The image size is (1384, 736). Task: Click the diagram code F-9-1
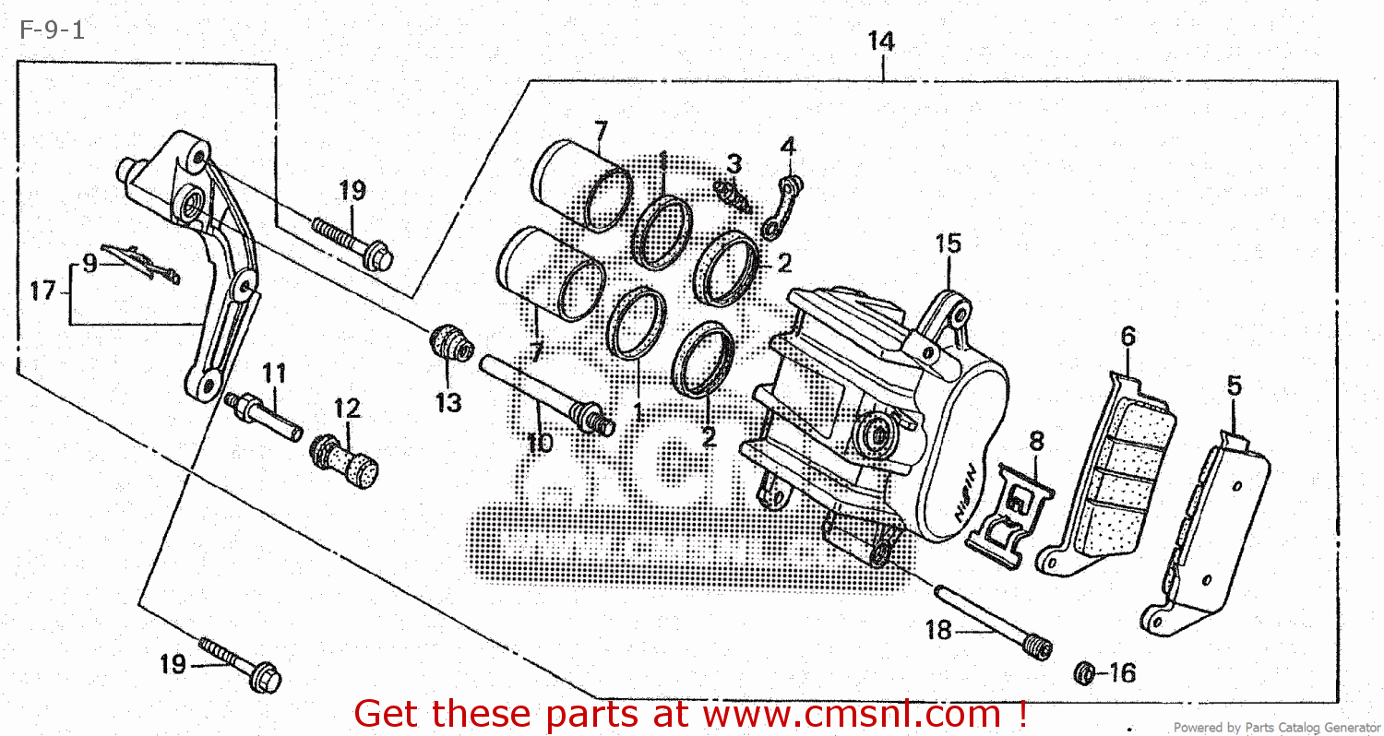point(51,30)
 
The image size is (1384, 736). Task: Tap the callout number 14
point(880,42)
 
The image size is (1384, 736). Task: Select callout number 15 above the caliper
point(948,243)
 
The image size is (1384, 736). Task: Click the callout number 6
point(1127,337)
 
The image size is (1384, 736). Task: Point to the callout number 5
point(1234,386)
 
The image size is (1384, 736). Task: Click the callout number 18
point(938,631)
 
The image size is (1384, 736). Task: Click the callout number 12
point(347,408)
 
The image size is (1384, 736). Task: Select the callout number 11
point(273,374)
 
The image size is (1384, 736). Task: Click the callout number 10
point(539,443)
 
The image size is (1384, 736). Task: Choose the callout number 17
point(42,291)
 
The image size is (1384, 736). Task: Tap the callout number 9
point(89,264)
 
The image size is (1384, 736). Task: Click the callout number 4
point(787,146)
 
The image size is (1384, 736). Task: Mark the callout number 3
point(734,164)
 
